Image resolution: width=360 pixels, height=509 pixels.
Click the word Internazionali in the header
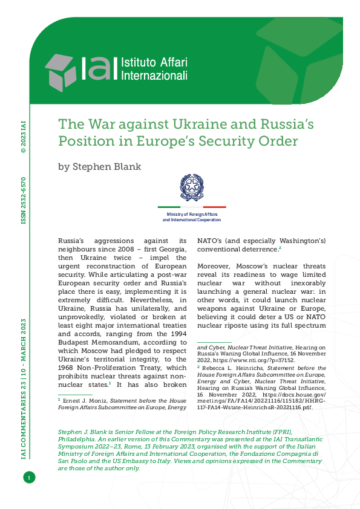pos(155,76)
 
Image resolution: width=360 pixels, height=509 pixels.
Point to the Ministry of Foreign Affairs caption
pos(191,216)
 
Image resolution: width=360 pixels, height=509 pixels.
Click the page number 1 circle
pos(28,478)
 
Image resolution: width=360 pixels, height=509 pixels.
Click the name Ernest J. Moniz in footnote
pos(85,401)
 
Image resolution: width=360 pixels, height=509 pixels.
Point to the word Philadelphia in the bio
pos(79,439)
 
